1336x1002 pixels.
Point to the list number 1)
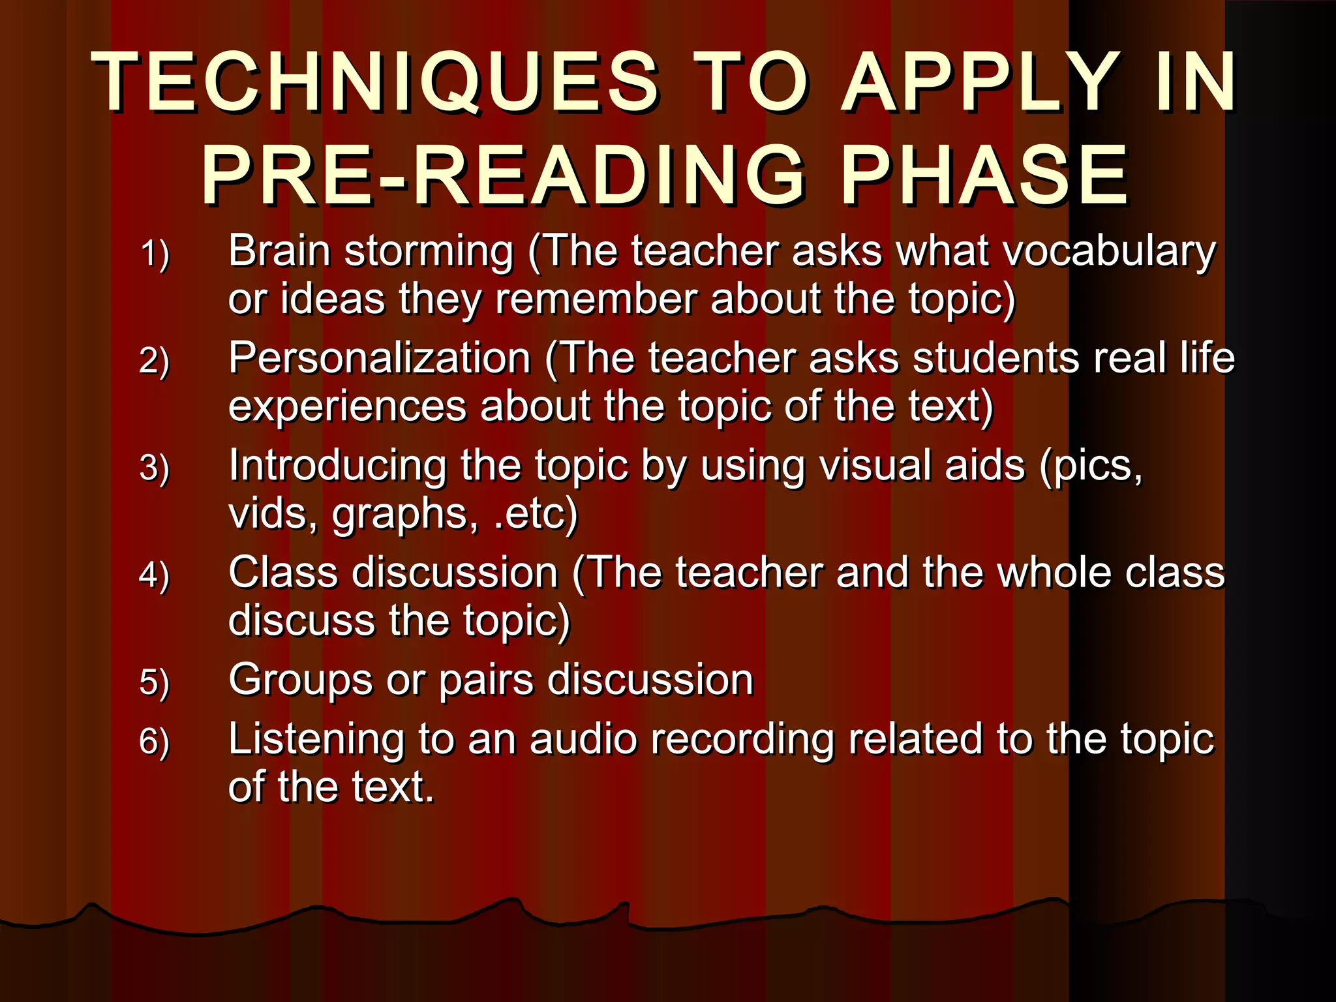[x=155, y=254]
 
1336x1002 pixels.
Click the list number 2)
[x=155, y=361]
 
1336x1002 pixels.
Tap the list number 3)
[x=155, y=468]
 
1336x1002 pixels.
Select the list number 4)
[x=155, y=575]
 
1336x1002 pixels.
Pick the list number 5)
[x=155, y=682]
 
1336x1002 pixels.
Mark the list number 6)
[x=155, y=741]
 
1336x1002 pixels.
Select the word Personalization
[x=380, y=359]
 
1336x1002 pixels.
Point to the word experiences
[x=347, y=407]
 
